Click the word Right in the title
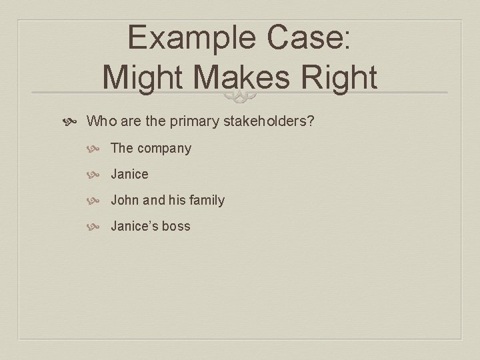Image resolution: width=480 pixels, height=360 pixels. coord(340,78)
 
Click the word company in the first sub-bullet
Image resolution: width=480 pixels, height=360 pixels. coord(164,149)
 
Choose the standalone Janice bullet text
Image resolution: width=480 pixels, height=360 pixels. coord(129,174)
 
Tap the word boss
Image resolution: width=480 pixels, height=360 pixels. coord(176,226)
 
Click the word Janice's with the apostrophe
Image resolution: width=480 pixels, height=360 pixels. coord(134,226)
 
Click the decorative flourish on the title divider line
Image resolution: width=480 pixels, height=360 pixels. coord(240,98)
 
